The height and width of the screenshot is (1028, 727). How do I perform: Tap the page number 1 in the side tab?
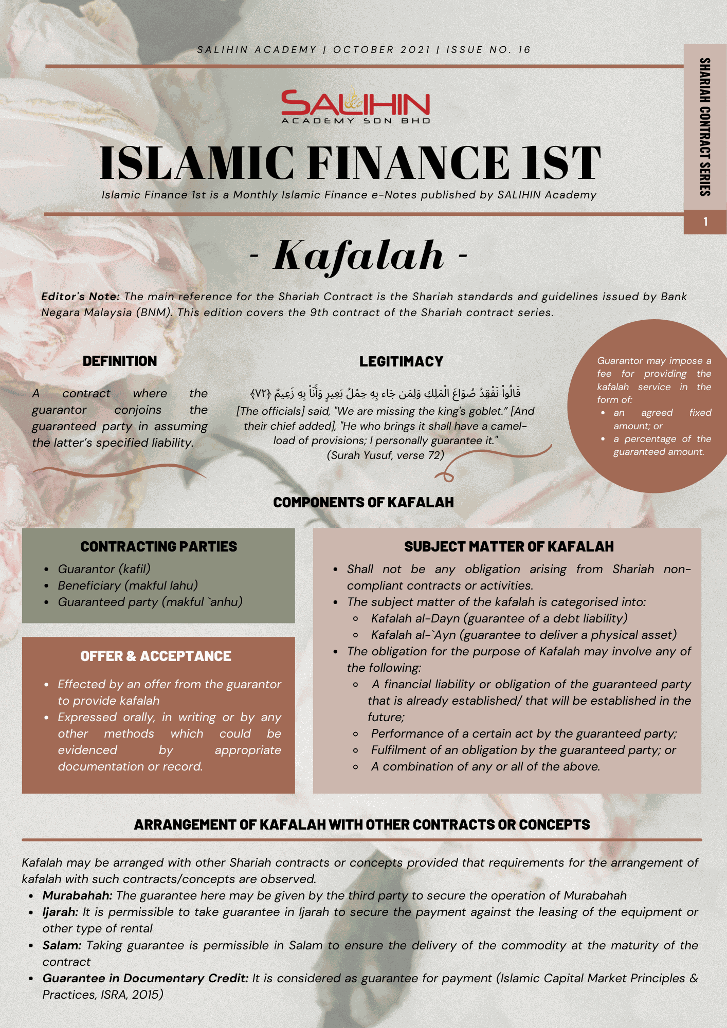705,222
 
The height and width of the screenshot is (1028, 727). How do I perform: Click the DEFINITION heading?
120,361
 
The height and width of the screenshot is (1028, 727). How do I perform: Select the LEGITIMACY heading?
401,362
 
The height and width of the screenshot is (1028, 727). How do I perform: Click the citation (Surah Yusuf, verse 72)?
386,455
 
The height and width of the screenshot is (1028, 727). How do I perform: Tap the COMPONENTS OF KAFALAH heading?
364,503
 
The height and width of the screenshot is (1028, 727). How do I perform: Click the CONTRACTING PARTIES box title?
158,547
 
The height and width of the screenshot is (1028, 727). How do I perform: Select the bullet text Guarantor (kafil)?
104,569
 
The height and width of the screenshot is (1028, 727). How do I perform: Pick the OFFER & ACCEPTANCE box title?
156,656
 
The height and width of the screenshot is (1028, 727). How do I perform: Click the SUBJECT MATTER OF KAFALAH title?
508,547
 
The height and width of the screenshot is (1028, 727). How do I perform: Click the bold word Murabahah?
78,895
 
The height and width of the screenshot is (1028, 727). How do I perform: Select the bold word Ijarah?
61,912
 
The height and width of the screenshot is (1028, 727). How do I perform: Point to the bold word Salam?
62,945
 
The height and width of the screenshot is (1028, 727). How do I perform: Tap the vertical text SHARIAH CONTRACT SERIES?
705,127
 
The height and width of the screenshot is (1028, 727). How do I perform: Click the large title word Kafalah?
358,255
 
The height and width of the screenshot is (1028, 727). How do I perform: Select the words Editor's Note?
80,297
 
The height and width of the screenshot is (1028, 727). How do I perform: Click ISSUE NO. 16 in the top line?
488,50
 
